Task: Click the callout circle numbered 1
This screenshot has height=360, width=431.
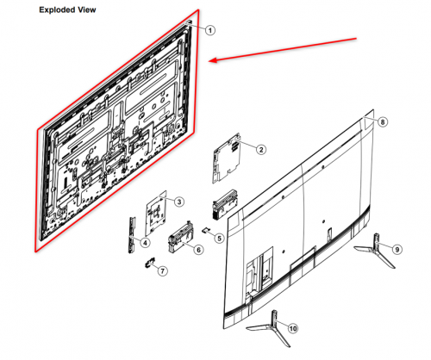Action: [209, 29]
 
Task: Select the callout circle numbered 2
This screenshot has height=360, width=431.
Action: [259, 150]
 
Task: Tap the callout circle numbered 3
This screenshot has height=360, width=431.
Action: [178, 202]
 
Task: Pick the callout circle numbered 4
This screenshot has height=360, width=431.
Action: [145, 243]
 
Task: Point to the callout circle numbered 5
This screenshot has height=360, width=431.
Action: [220, 239]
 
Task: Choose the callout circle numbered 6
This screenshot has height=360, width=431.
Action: [198, 250]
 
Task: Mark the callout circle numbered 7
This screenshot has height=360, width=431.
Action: [163, 271]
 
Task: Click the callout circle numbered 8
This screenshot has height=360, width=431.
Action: [383, 123]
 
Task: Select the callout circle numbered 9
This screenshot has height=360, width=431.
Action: [397, 249]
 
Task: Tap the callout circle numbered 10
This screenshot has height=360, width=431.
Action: [292, 329]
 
